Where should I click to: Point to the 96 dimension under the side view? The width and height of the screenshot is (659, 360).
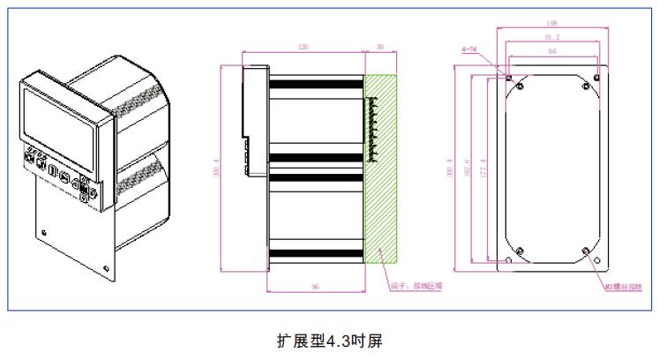(314, 287)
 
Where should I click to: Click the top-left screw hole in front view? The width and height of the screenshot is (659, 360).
(509, 78)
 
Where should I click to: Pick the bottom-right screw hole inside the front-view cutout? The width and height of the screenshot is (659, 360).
(587, 251)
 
